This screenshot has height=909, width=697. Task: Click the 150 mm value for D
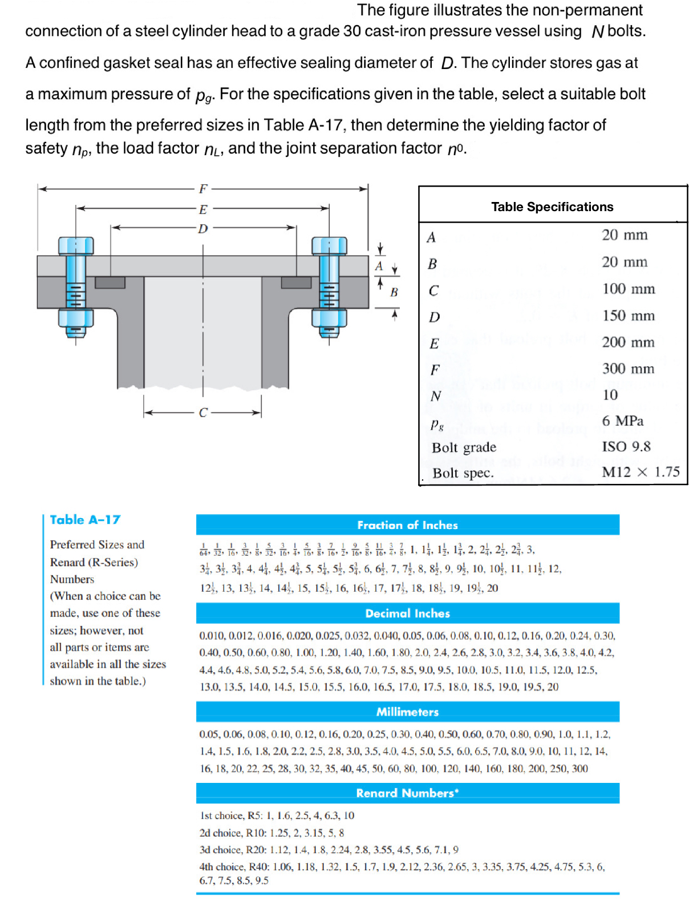(628, 316)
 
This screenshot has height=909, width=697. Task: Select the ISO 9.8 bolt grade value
(626, 446)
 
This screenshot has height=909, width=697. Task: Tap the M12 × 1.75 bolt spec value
(641, 472)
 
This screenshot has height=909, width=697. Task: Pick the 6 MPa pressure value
(622, 421)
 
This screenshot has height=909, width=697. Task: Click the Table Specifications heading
(552, 207)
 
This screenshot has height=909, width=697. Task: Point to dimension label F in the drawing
(203, 189)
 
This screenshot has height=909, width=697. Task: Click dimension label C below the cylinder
(203, 413)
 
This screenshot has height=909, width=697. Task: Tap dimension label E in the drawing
(203, 209)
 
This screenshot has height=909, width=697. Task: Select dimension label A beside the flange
(379, 266)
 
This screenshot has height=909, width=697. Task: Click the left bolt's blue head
(76, 245)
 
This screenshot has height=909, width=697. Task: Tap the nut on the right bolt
(329, 317)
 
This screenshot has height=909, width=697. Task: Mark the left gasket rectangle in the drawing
(110, 282)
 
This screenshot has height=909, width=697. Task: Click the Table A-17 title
(85, 520)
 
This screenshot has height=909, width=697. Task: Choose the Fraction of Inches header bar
(407, 525)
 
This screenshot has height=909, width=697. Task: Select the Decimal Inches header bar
(407, 613)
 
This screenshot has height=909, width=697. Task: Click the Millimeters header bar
(407, 712)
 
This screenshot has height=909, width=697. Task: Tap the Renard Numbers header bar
(407, 793)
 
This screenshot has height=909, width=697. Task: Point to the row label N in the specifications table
(436, 396)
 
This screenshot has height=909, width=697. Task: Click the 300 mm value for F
(628, 369)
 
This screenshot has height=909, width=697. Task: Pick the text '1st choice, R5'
(231, 815)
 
